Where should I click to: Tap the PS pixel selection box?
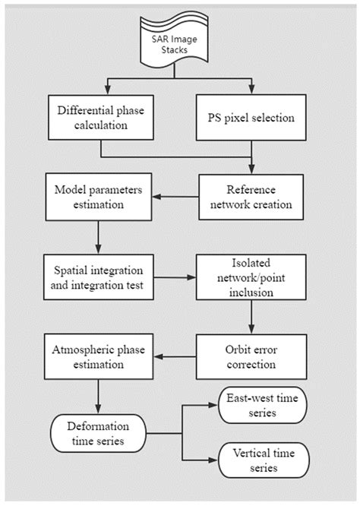(251, 118)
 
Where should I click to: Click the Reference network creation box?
(251, 195)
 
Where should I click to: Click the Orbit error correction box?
(251, 355)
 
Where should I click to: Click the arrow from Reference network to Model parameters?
(175, 195)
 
